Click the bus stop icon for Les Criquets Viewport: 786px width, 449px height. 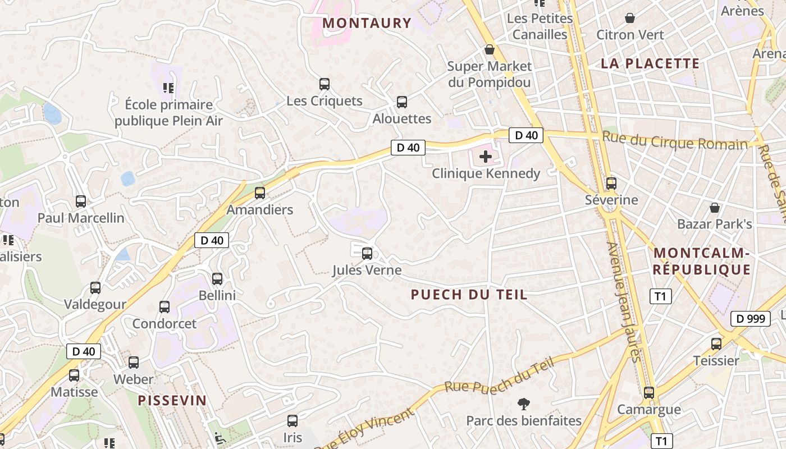pos(324,84)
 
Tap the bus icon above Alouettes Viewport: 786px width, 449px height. pos(402,102)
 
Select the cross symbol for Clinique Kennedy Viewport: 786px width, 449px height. pos(486,157)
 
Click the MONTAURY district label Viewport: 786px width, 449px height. pos(367,23)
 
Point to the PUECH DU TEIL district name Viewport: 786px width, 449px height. pos(469,294)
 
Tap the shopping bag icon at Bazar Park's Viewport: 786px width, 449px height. pos(715,208)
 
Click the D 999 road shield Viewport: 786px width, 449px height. pos(750,319)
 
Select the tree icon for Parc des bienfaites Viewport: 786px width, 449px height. pos(524,404)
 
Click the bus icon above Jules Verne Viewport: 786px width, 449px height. pos(367,253)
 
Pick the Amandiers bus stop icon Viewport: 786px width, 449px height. pos(260,193)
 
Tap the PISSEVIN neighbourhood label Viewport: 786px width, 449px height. pos(172,400)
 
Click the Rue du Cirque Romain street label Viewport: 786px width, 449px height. pos(675,140)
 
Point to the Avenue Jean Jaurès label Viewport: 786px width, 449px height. pos(624,302)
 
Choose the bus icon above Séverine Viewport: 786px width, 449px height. pos(611,183)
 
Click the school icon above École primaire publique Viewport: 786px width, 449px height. pos(168,88)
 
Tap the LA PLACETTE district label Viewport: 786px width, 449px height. pos(650,63)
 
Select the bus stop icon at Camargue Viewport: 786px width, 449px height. pos(649,393)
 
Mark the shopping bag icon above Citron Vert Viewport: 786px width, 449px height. pos(630,18)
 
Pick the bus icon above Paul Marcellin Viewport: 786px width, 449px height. pos(81,201)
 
